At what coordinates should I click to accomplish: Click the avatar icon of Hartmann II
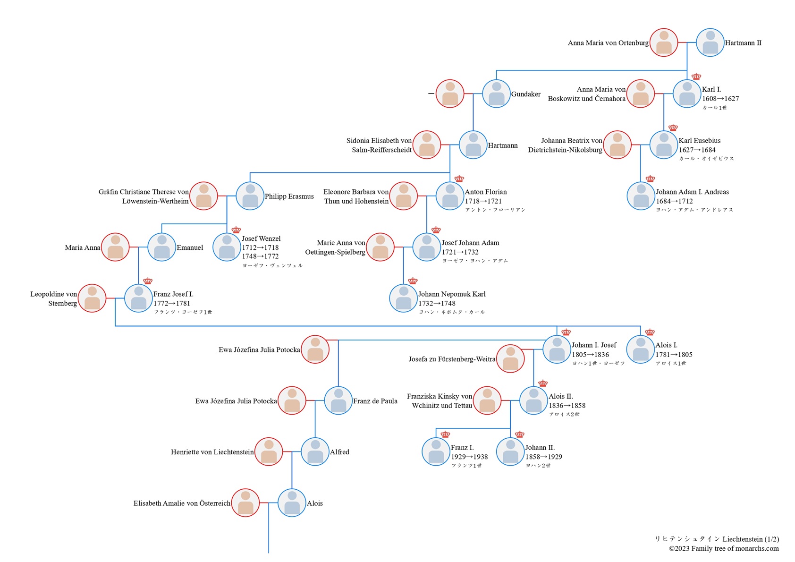710,43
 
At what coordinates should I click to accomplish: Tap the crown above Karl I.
696,77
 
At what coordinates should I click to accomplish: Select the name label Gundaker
525,94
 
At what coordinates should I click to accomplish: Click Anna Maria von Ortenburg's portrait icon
664,43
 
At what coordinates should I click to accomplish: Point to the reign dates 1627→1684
697,150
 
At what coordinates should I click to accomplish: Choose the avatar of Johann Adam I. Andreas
641,196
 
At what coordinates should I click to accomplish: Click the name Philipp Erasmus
289,196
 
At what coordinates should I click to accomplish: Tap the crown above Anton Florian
459,179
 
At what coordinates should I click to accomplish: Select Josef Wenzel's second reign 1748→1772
260,256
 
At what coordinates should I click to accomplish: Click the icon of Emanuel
162,247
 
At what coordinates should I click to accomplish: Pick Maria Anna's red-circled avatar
115,247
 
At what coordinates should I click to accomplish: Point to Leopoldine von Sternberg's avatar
92,298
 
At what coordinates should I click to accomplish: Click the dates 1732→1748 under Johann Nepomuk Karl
437,303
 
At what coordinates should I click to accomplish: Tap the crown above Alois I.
650,332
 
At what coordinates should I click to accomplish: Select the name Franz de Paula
375,401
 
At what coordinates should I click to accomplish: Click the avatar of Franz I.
436,452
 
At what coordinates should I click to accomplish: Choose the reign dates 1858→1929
543,457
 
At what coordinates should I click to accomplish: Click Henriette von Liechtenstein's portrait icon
269,452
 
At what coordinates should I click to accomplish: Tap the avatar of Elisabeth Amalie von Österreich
245,503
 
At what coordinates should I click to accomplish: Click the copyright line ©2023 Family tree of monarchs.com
723,548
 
